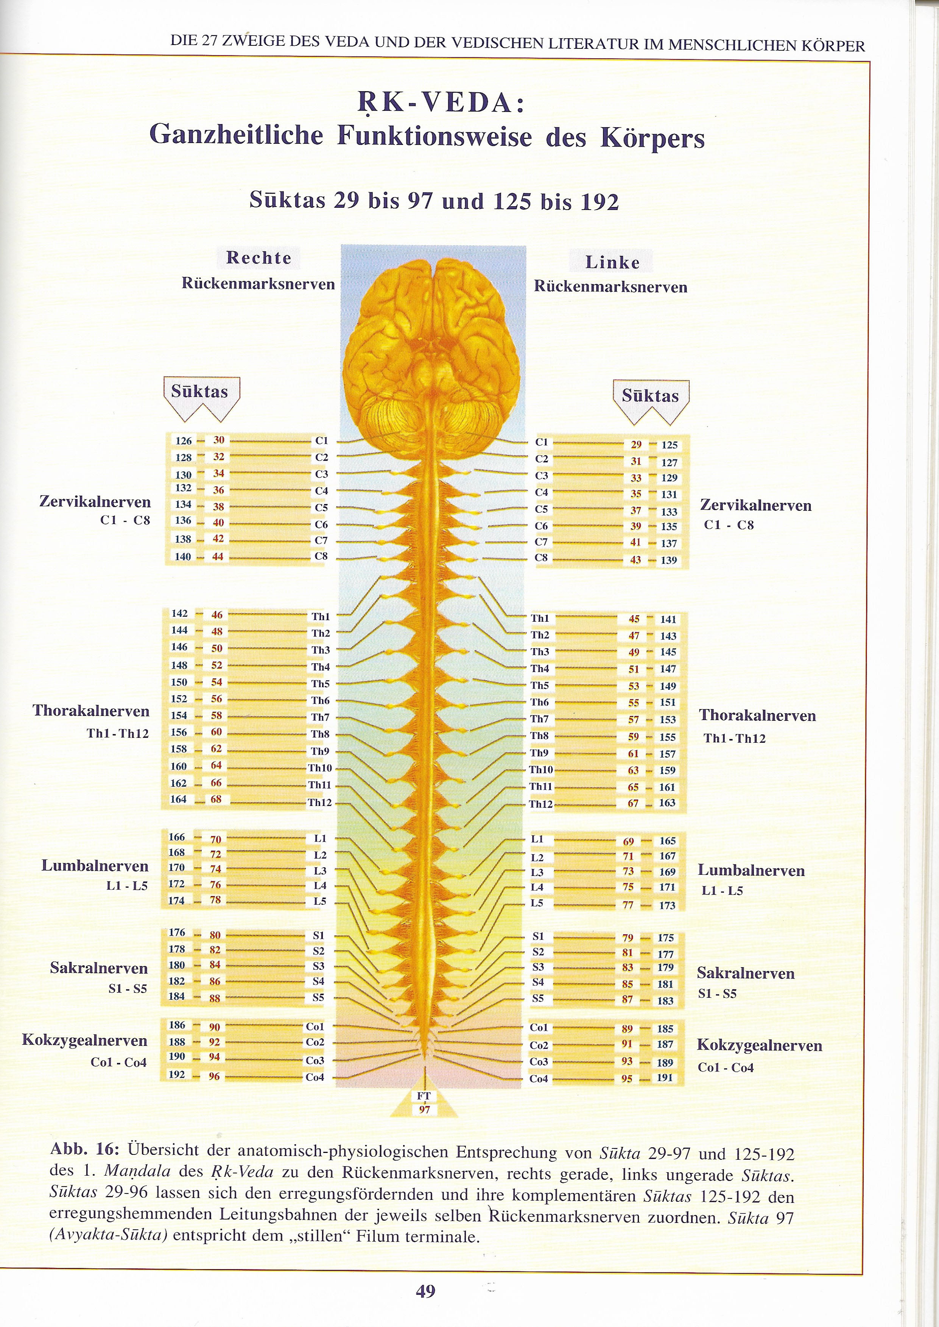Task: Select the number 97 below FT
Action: (x=424, y=1110)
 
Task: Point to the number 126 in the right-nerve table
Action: (x=183, y=441)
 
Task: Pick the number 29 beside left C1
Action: (x=636, y=445)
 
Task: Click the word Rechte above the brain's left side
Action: (x=258, y=258)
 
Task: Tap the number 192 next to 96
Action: (x=176, y=1075)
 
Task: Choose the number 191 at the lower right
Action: (x=664, y=1077)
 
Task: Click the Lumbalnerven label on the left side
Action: (x=95, y=865)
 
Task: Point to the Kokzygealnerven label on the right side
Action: (x=759, y=1045)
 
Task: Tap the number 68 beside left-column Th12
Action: (x=216, y=799)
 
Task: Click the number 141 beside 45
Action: (x=668, y=619)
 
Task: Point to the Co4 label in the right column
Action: (x=538, y=1078)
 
